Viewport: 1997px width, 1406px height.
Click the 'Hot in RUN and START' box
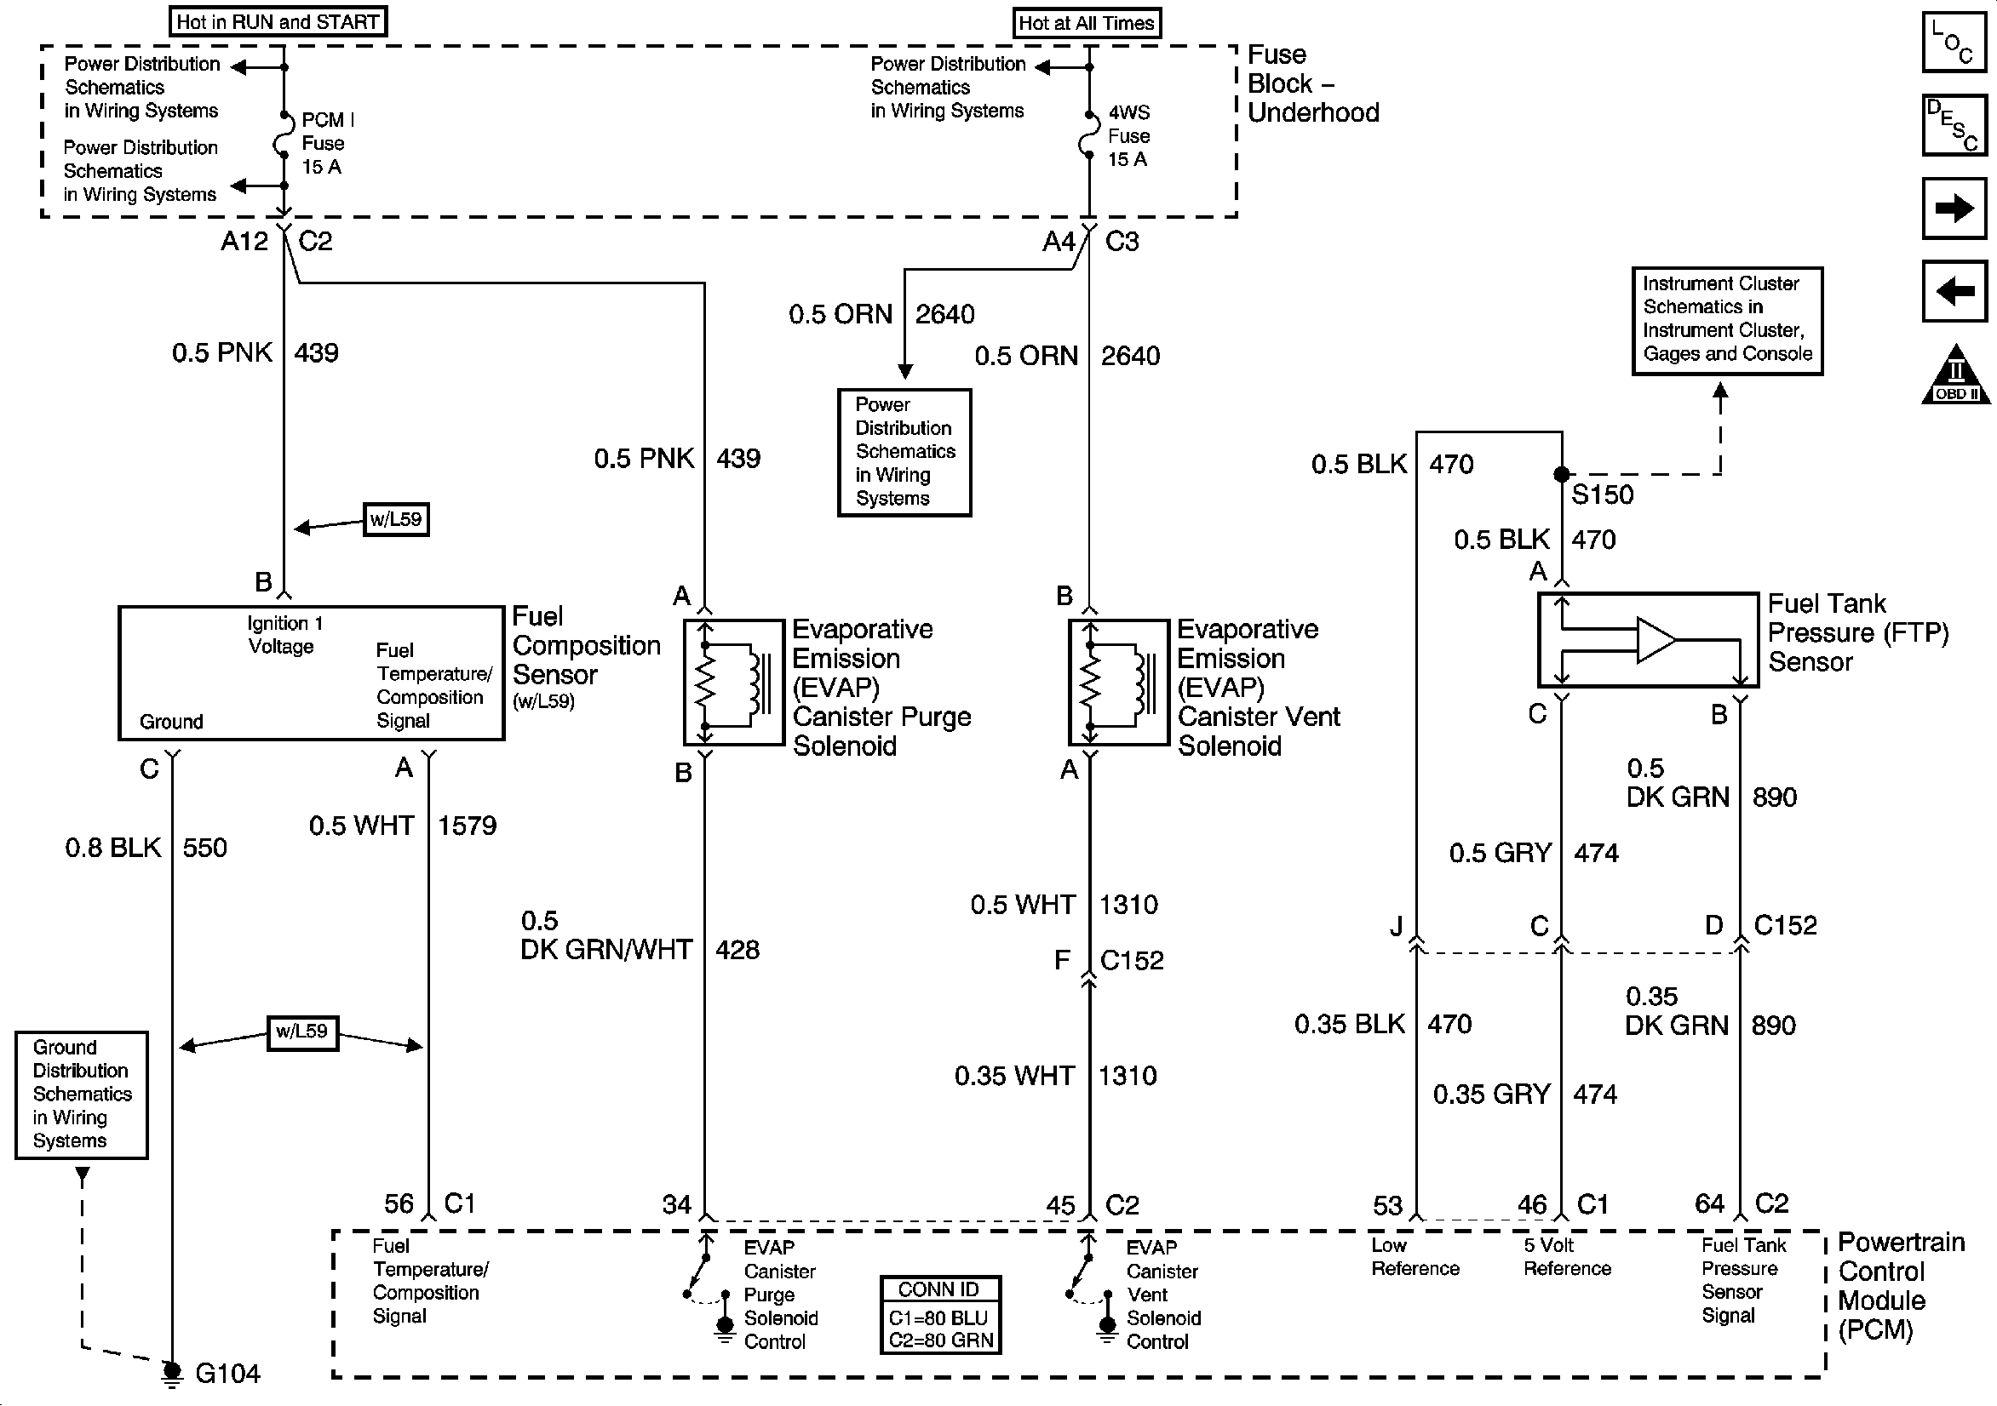[278, 22]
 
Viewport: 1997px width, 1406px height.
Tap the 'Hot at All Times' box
[1087, 24]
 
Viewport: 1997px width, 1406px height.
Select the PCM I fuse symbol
[283, 134]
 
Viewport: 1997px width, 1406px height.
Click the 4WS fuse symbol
[1089, 134]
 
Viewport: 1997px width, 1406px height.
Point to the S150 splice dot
[1561, 474]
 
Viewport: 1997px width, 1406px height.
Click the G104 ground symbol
[172, 1373]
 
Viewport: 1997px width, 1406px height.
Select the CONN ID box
[940, 1315]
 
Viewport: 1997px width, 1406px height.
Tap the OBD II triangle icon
[1955, 374]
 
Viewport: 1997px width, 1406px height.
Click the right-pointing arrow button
[1954, 208]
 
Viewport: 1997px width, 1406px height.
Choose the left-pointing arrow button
[1954, 290]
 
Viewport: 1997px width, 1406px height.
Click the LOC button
[1954, 41]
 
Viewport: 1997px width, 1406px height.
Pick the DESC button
[1954, 125]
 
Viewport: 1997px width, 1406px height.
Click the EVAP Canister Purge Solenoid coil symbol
[733, 683]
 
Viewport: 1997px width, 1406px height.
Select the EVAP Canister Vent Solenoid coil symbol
[1118, 683]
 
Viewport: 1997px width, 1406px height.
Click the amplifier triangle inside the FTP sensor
[1656, 640]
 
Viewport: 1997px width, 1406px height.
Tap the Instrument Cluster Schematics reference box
[1726, 321]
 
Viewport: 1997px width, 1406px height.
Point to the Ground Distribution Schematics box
[82, 1095]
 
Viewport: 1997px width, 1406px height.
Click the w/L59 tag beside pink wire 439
[396, 519]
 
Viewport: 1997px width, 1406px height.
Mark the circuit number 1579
[467, 826]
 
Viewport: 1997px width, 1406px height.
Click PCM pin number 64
[1709, 1203]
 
